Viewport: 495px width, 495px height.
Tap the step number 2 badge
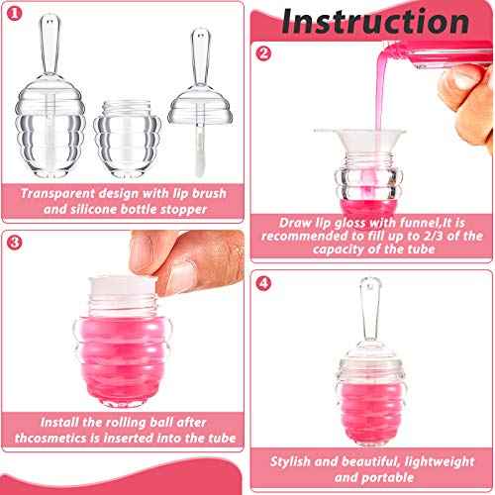coord(263,54)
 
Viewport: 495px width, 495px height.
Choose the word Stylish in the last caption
coord(299,459)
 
